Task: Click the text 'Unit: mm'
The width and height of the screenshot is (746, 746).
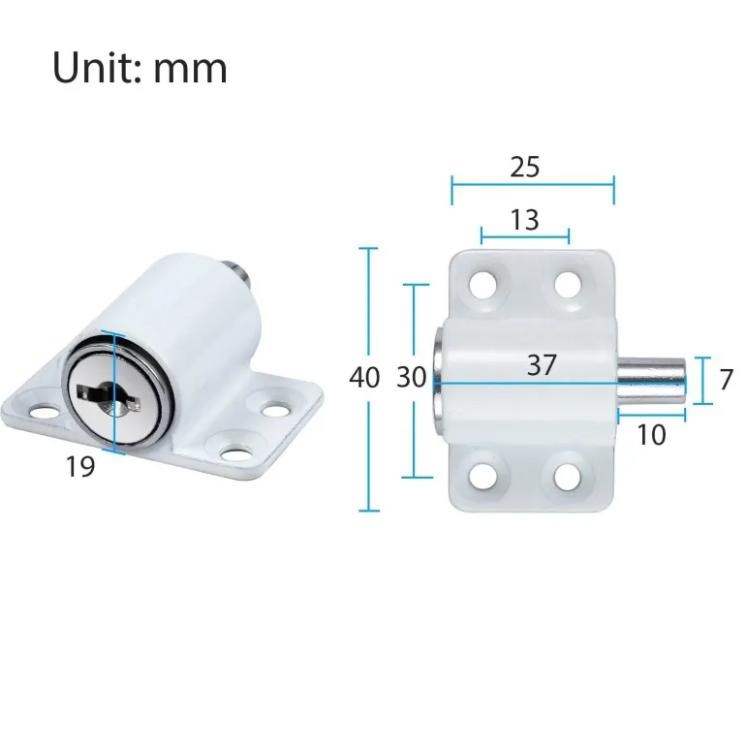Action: (x=140, y=68)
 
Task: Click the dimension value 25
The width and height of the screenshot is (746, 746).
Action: (x=524, y=167)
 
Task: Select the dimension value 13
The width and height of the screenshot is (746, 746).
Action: (x=524, y=220)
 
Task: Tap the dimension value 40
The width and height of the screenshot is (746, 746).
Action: (x=364, y=378)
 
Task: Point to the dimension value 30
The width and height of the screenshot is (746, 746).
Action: (x=412, y=378)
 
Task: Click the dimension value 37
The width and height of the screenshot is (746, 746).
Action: (x=543, y=365)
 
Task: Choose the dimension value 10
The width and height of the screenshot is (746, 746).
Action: (x=652, y=436)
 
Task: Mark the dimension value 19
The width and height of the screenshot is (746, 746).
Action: (x=80, y=467)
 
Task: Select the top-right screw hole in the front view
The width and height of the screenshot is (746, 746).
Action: (x=569, y=284)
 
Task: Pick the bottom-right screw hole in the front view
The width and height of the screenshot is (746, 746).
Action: (x=569, y=476)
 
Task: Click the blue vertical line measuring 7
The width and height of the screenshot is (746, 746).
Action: (x=704, y=380)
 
